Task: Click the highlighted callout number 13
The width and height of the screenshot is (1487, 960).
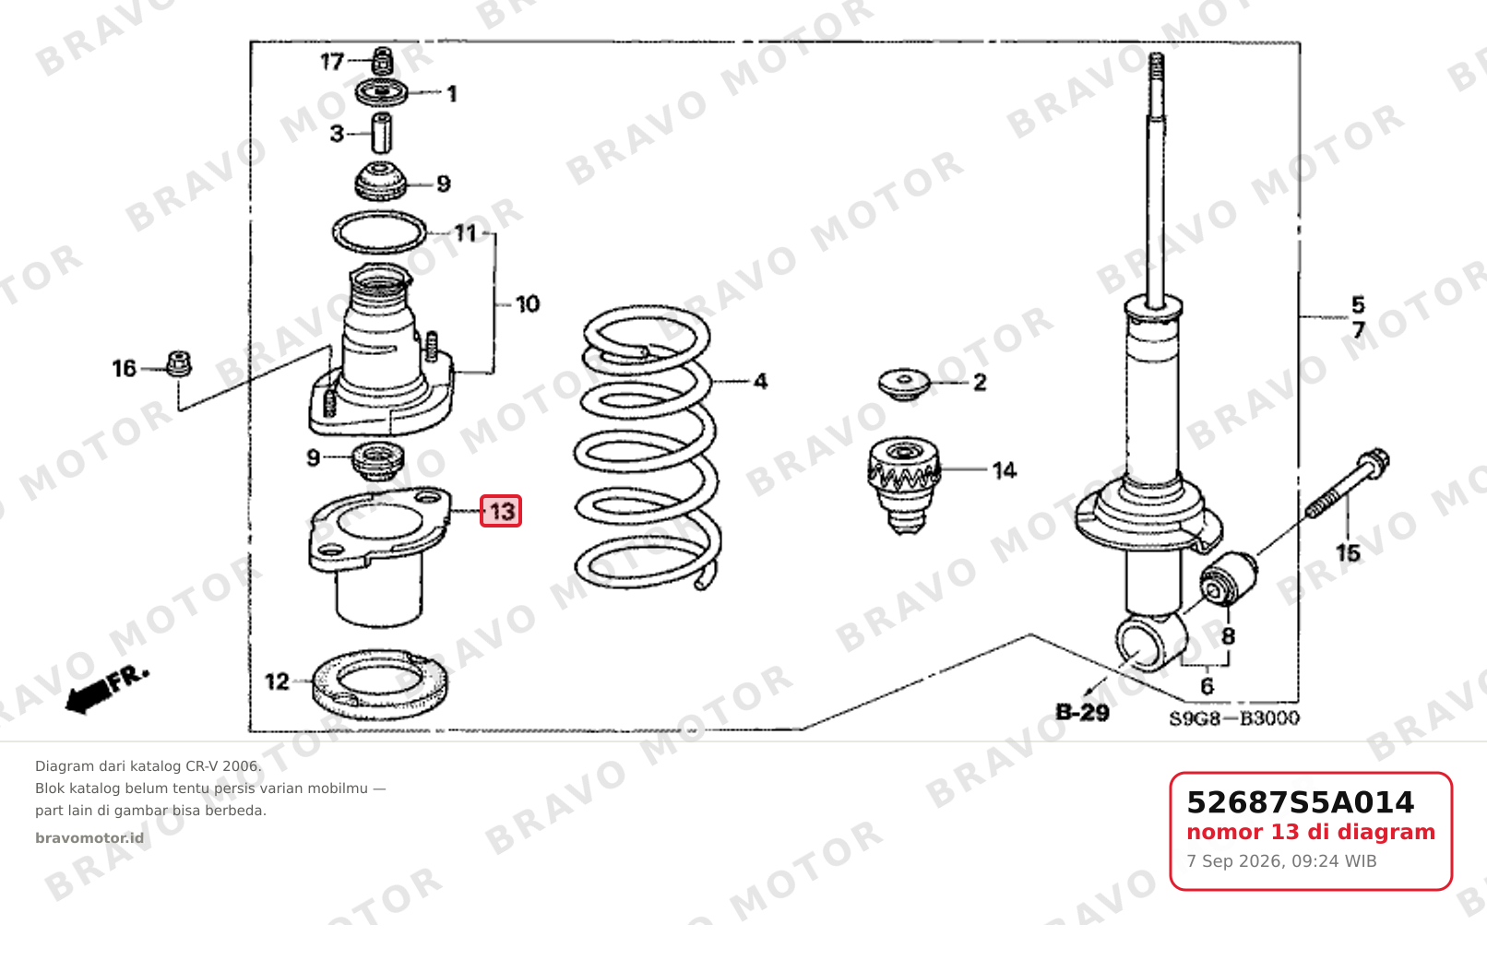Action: tap(501, 511)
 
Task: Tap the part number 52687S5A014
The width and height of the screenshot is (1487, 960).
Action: tap(1300, 802)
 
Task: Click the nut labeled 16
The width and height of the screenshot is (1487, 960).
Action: tap(178, 364)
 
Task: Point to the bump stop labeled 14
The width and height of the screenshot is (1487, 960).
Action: tap(904, 484)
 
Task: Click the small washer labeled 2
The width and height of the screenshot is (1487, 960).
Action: tap(904, 385)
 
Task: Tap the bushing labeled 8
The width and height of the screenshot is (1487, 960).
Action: tap(1229, 578)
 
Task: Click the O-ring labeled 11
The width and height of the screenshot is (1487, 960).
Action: tap(379, 214)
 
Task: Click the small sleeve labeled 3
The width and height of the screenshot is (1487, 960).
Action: tap(380, 133)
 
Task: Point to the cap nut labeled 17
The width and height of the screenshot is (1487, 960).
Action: tap(382, 61)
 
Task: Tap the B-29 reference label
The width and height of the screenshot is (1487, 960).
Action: tap(1083, 713)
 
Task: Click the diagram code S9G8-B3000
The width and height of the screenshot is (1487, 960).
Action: tap(1234, 717)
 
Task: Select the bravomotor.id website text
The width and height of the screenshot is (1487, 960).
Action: tap(89, 838)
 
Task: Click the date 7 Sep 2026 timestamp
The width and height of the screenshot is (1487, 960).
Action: tap(1282, 861)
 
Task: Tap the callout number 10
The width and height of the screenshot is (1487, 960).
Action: tap(528, 304)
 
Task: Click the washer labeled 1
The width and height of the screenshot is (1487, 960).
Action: tap(381, 92)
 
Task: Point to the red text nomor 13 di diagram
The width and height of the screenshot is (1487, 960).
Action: tap(1311, 832)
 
